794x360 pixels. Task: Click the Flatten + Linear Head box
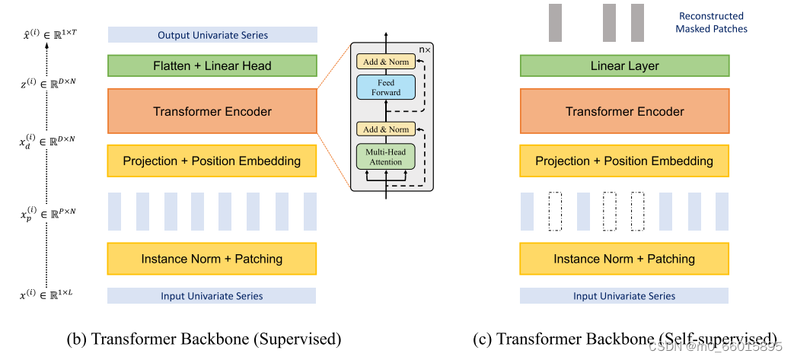click(x=212, y=65)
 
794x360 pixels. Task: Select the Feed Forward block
click(x=386, y=87)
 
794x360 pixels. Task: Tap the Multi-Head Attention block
click(x=386, y=156)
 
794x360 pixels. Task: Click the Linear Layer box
click(x=623, y=65)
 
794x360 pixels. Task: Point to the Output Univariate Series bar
click(x=212, y=35)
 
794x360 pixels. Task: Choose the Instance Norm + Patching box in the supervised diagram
click(x=212, y=259)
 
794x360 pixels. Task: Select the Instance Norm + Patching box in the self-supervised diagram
click(x=623, y=259)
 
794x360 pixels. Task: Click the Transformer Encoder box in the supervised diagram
click(x=212, y=111)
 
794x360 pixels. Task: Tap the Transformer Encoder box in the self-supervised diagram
click(x=623, y=111)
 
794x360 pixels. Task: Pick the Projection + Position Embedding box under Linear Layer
click(x=623, y=161)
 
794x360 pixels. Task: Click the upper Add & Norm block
click(x=386, y=60)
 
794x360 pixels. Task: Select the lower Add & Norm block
click(x=386, y=129)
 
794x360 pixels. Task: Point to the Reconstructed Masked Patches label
click(x=711, y=22)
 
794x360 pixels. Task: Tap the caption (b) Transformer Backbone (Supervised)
click(x=215, y=339)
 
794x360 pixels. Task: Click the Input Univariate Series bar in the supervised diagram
click(x=212, y=296)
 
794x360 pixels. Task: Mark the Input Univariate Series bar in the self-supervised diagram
click(x=623, y=296)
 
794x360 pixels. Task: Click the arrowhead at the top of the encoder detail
click(x=386, y=35)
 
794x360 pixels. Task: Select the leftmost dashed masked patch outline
click(x=554, y=211)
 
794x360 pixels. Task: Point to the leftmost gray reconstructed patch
click(x=554, y=22)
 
